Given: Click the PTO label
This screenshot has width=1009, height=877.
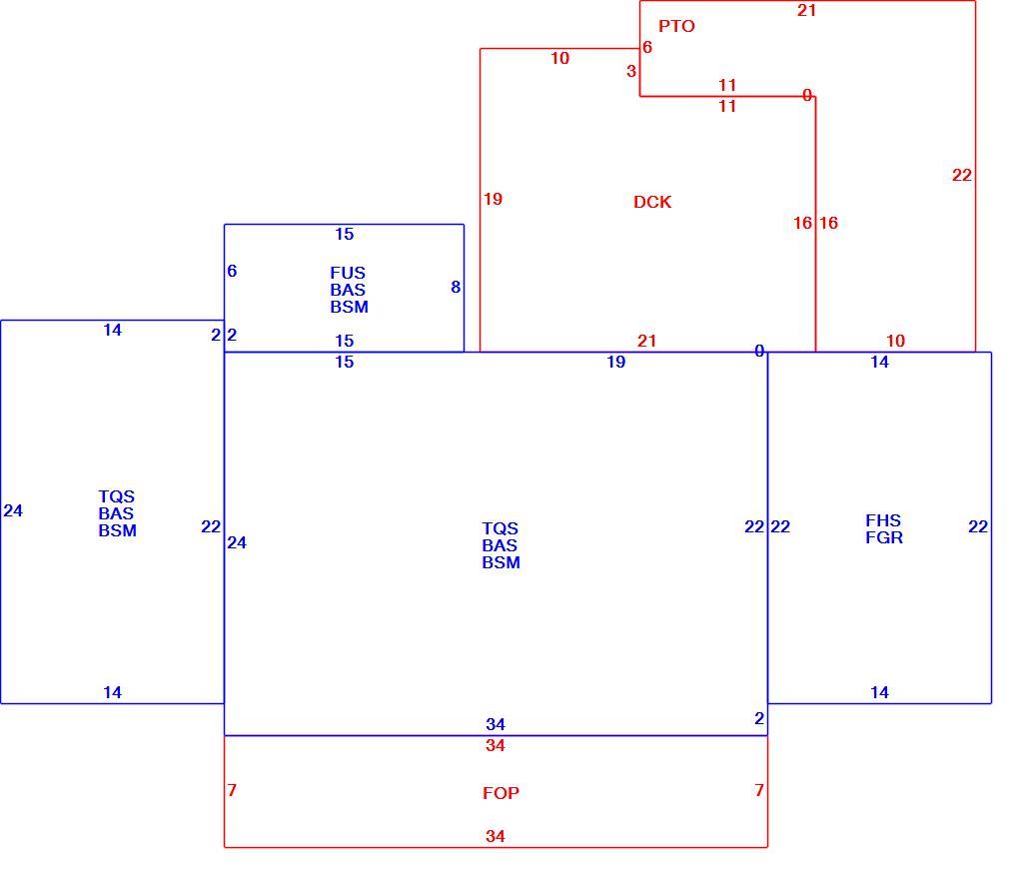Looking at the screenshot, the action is (x=676, y=26).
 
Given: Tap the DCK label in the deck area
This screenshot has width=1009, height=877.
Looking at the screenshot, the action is (x=652, y=202).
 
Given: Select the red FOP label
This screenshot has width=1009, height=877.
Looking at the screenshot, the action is (x=501, y=793).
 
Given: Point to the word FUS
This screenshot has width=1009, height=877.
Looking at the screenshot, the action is (x=348, y=273).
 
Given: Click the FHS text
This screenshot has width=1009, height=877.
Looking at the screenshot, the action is (x=883, y=520).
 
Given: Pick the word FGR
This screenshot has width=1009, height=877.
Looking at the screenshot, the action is (x=884, y=538).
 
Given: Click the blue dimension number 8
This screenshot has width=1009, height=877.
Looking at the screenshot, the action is (x=456, y=287).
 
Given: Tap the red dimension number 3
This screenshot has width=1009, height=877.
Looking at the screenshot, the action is (x=631, y=72).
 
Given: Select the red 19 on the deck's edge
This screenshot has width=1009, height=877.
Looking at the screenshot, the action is (x=493, y=200).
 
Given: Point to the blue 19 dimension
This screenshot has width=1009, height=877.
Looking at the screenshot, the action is (x=615, y=363).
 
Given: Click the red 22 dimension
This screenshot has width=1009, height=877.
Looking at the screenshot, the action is (x=962, y=175).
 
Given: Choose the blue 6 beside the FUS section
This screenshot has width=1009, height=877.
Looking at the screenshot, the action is (x=232, y=272).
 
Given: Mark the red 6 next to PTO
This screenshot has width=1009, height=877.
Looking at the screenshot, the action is (x=647, y=48).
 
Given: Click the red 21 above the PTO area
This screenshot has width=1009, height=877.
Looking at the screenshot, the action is (x=807, y=10).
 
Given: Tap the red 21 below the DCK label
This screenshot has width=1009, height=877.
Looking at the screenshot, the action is (x=646, y=341).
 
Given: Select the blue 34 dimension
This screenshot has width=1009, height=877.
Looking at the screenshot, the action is (x=496, y=724).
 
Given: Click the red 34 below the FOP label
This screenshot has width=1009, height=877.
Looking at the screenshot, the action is (x=496, y=836).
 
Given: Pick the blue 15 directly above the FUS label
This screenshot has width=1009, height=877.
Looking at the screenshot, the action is (x=345, y=234).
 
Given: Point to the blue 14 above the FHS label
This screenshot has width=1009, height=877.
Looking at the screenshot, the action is (x=880, y=363).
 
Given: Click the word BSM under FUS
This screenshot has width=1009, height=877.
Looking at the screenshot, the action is (x=350, y=308).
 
